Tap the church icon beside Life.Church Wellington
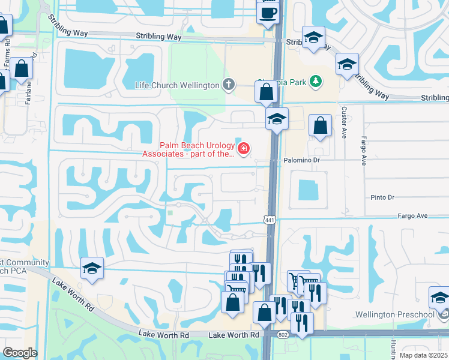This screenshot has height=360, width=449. tap(228, 85)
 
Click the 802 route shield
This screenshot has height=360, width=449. tap(283, 333)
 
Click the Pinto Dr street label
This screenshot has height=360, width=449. tap(382, 197)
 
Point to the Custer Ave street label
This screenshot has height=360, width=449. tap(345, 122)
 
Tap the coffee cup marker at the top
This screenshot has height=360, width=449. tap(268, 13)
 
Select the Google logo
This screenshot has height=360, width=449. tap(20, 353)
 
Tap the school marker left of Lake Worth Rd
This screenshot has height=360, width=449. tap(92, 268)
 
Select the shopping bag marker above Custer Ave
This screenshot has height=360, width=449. tap(321, 127)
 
